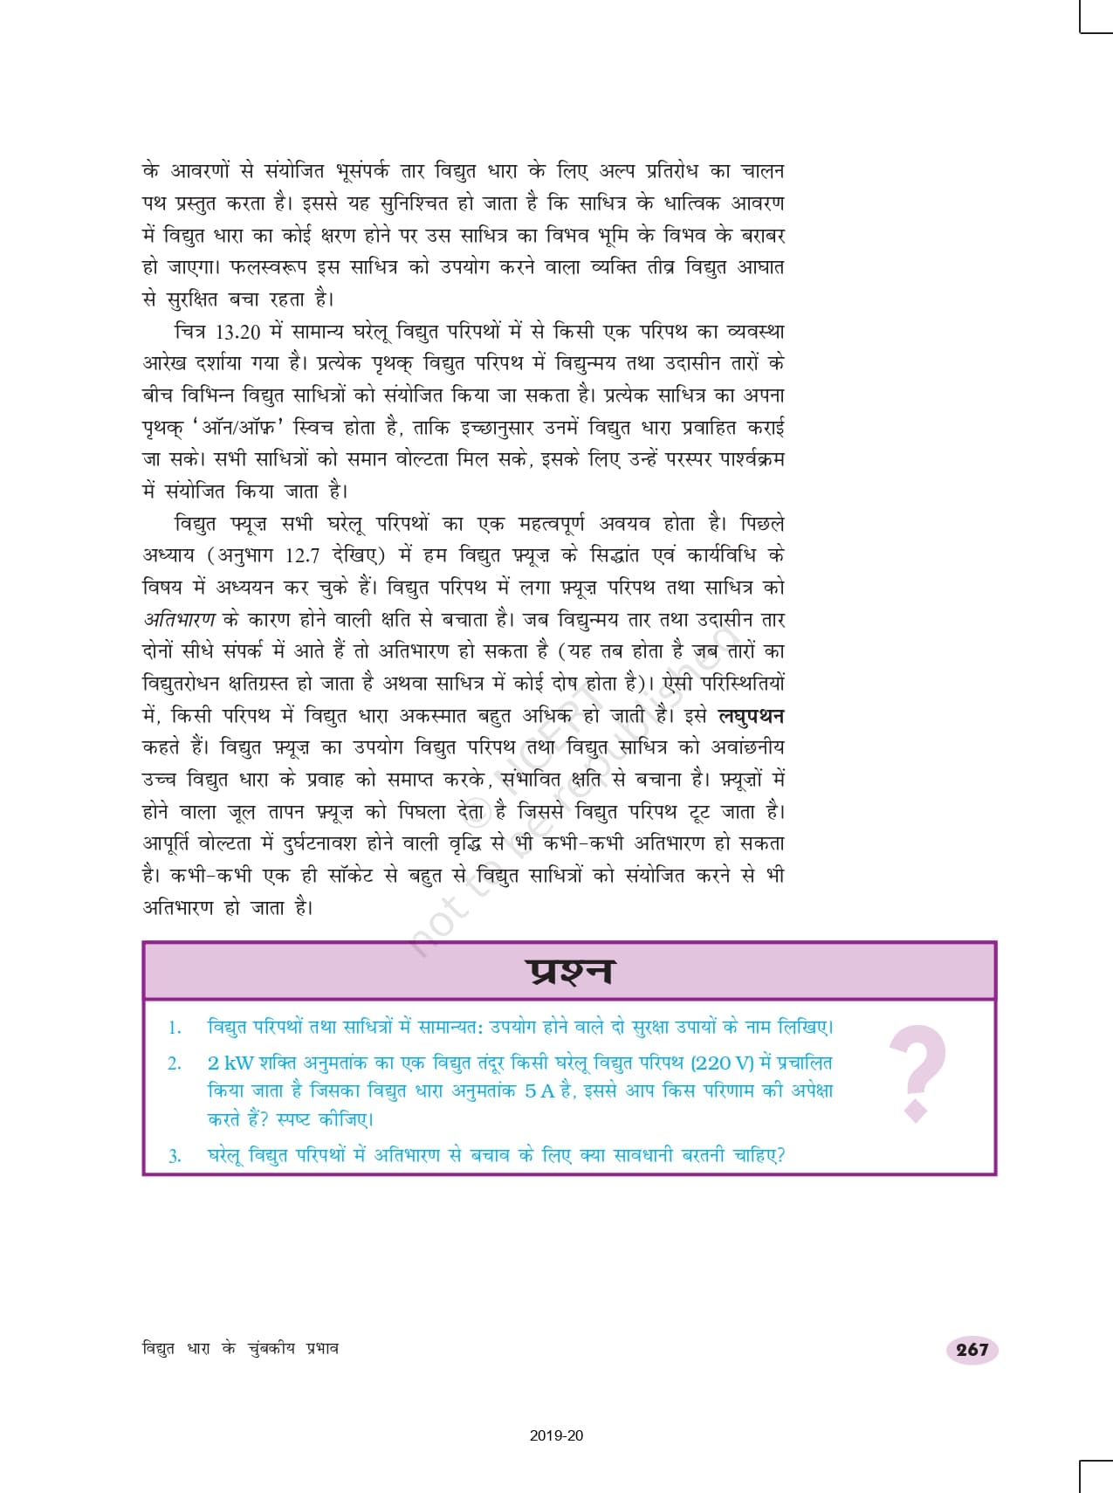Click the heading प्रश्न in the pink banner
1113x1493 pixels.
(569, 971)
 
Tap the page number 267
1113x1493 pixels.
(972, 1350)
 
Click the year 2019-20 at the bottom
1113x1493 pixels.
(556, 1435)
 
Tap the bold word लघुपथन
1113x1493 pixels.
(750, 716)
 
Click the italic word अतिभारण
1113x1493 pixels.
(179, 620)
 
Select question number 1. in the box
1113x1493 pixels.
(175, 1028)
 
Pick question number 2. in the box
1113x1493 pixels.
(175, 1063)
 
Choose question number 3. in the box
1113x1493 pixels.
(175, 1156)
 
